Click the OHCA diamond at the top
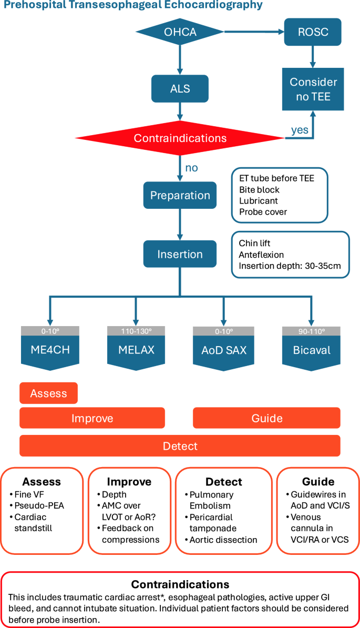pos(180,33)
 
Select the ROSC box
pos(313,33)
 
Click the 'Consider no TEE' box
pos(313,89)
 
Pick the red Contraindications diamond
pos(180,138)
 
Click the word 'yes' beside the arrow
pos(300,130)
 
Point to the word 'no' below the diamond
pos(191,168)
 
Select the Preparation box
pos(180,196)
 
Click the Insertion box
pos(180,255)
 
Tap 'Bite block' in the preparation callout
pos(259,189)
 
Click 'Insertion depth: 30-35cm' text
pos(290,266)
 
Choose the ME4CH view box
pos(50,350)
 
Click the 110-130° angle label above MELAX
pos(136,331)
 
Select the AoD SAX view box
pos(223,350)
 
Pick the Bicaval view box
pos(311,350)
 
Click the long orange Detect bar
pos(180,446)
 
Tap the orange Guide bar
pos(266,418)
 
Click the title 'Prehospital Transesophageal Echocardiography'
pos(131,6)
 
